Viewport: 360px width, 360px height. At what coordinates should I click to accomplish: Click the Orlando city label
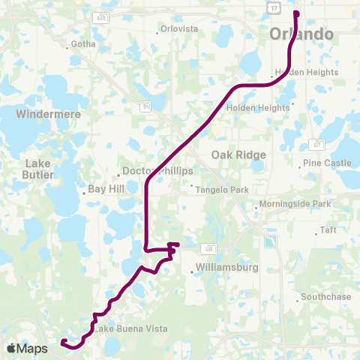coord(301,35)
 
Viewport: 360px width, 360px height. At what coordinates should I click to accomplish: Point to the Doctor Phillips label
coord(157,171)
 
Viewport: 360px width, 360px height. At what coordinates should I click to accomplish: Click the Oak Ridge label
coord(238,154)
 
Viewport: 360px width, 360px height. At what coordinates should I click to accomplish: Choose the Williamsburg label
coord(226,267)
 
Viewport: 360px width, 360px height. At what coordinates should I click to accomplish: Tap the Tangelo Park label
coord(222,190)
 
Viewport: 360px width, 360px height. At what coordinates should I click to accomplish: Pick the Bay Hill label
coord(106,190)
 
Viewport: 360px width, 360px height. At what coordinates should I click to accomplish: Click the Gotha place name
coord(82,45)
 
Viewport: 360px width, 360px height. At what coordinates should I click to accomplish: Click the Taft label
coord(328,231)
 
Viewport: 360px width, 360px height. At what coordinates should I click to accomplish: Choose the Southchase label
coord(326,297)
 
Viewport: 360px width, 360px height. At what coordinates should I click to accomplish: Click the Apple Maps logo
coord(26,348)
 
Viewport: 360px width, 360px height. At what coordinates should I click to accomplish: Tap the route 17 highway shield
coord(274,7)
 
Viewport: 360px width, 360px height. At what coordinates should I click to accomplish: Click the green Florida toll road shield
coord(269,241)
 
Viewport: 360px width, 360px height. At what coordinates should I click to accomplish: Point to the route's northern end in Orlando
coord(296,13)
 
